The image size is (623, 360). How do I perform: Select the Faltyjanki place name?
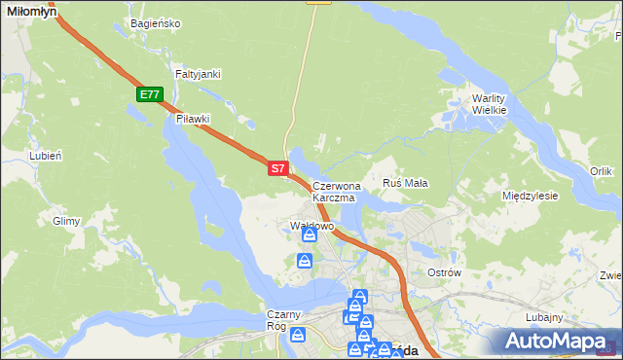[198, 74]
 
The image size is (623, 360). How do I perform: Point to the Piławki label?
[193, 119]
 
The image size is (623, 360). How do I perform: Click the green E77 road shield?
[149, 94]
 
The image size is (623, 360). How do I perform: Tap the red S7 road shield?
[277, 168]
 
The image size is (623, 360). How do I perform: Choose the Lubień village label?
[46, 156]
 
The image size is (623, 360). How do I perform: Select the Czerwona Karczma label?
[337, 191]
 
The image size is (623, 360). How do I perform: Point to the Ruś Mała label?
[406, 183]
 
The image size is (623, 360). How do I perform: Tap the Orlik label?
[601, 171]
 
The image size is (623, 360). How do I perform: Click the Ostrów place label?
[444, 272]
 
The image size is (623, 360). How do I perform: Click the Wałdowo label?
[312, 226]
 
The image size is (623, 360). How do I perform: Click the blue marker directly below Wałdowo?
[310, 235]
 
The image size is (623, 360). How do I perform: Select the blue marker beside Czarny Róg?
[298, 336]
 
